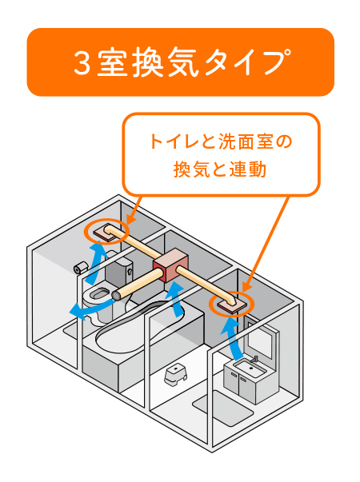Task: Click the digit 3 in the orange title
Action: coord(82,62)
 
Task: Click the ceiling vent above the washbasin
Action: coord(232,305)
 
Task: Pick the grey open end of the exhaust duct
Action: coord(117,296)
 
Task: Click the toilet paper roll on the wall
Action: coord(81,268)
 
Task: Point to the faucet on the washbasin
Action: coord(254,359)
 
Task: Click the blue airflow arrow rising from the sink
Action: coord(231,337)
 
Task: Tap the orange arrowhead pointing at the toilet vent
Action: coord(130,220)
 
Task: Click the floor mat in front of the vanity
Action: coord(222,408)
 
